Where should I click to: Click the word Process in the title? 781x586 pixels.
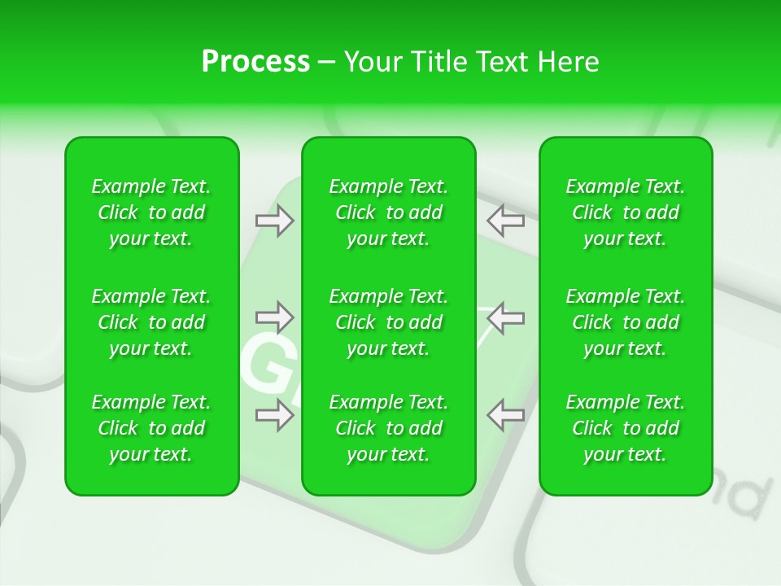pos(255,62)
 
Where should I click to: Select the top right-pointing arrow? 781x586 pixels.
pos(274,221)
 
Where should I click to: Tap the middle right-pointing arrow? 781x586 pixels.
pos(274,317)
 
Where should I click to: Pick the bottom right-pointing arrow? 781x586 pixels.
pos(274,415)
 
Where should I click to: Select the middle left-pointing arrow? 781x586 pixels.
pos(505,317)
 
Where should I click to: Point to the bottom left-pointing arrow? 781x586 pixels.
pos(505,415)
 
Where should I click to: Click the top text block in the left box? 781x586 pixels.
pos(151,212)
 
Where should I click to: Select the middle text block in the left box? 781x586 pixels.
pos(151,322)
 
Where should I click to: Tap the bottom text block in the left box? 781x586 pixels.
pos(151,428)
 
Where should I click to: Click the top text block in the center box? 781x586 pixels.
pos(389,212)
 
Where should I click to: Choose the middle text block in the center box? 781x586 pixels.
pos(389,322)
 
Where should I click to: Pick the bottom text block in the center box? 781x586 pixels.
pos(389,428)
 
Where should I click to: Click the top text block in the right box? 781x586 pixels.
pos(626,212)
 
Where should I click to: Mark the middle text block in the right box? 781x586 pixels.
pos(626,322)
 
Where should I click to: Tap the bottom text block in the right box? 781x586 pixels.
pos(626,428)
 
